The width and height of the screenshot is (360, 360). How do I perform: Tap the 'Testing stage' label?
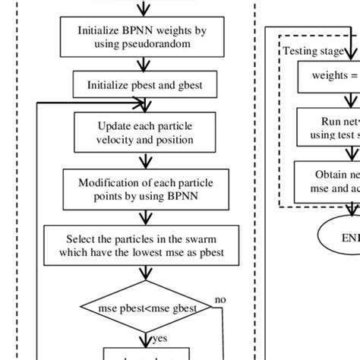coord(311,51)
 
